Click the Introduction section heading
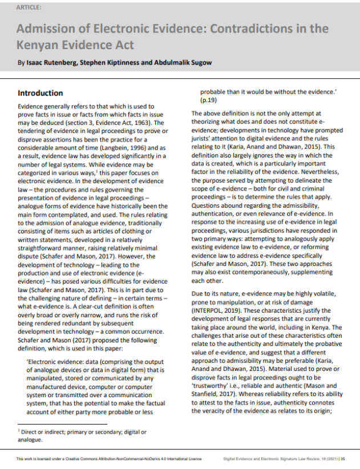coord(41,93)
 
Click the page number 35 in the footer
coord(342,458)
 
